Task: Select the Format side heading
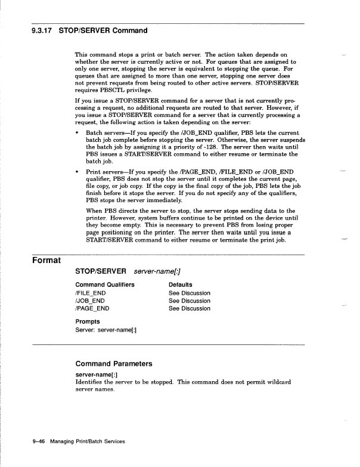click(x=49, y=261)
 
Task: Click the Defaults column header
click(x=180, y=285)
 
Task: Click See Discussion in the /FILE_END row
click(x=189, y=293)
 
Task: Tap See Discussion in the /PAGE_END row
click(x=189, y=309)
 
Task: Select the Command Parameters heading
click(x=114, y=363)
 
